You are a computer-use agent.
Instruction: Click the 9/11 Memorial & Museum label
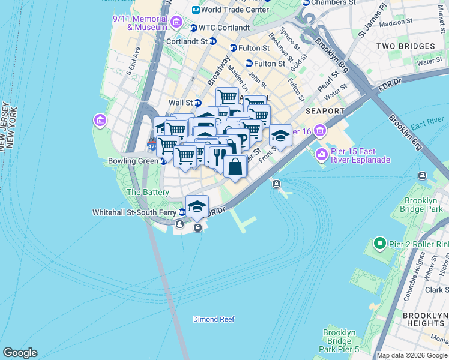[x=140, y=23]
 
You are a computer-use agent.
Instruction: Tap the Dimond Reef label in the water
[x=213, y=319]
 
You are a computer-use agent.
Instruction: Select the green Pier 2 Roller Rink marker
[x=379, y=244]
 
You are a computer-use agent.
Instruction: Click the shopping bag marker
[x=235, y=166]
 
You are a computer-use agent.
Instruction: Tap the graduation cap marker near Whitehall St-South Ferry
[x=197, y=206]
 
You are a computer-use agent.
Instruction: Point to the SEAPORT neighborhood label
[x=324, y=111]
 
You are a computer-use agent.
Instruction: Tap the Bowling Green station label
[x=133, y=161]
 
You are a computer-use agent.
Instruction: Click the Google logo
[x=20, y=353]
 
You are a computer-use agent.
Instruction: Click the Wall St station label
[x=181, y=103]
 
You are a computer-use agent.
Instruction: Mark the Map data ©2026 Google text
[x=412, y=355]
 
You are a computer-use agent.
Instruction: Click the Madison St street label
[x=393, y=23]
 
